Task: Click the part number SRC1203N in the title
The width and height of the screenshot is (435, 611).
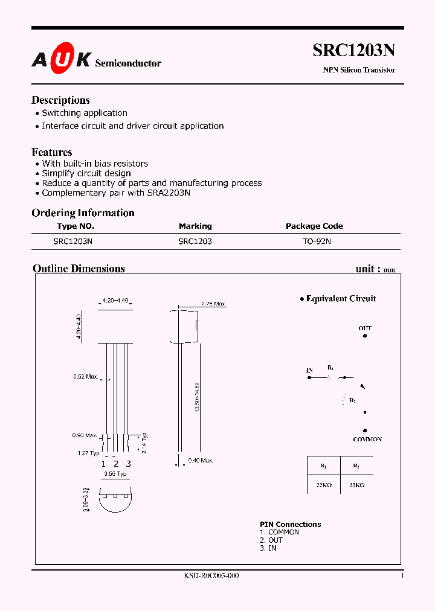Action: [x=353, y=51]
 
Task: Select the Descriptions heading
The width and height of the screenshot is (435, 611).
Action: [x=60, y=100]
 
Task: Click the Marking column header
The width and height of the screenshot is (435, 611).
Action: [x=195, y=226]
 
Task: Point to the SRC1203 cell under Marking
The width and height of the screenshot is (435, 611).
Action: [x=195, y=241]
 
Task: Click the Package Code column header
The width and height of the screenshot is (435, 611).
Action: [x=314, y=226]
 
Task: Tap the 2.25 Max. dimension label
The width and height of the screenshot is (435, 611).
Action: [x=213, y=304]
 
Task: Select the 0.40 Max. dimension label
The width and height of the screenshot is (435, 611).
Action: [x=201, y=461]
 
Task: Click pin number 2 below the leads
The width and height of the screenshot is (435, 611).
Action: [x=115, y=464]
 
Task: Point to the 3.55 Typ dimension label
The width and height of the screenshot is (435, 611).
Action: [x=115, y=474]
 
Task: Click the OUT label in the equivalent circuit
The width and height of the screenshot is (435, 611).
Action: [x=365, y=328]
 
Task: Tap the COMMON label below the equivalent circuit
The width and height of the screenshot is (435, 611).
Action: [x=367, y=439]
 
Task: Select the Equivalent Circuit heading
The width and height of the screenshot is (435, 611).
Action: [x=341, y=298]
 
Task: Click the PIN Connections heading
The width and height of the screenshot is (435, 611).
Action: [x=290, y=524]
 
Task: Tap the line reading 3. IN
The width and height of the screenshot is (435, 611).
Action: [x=268, y=548]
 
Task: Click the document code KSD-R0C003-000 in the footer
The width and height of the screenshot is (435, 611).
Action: [x=211, y=576]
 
